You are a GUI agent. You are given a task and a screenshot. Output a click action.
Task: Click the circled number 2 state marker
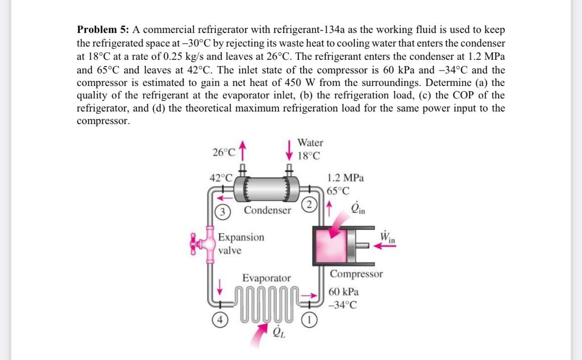coord(309,204)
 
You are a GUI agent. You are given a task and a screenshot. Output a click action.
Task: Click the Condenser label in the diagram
coord(267,210)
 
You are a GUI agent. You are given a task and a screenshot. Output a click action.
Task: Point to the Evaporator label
coord(266,278)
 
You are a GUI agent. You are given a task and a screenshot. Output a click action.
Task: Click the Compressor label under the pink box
coord(356,274)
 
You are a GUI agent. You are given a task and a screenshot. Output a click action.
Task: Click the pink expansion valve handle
coord(198,245)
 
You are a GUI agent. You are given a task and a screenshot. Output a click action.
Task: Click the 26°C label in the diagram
coord(223,152)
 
